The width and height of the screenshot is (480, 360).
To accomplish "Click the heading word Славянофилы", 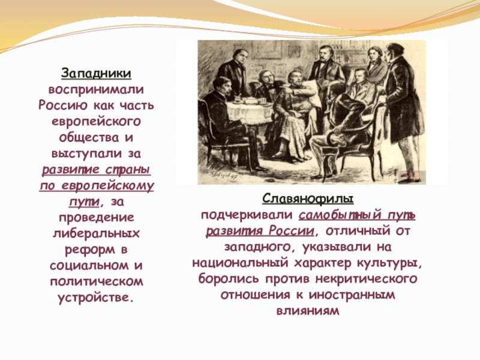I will [x=307, y=199].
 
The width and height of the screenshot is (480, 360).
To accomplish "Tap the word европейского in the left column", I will [x=97, y=121].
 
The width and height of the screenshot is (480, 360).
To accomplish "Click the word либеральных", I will [x=97, y=232].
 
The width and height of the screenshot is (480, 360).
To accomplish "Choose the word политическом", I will [x=97, y=280].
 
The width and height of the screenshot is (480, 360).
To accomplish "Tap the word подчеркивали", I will [x=247, y=215].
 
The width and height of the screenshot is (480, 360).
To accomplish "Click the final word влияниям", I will [x=307, y=311].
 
